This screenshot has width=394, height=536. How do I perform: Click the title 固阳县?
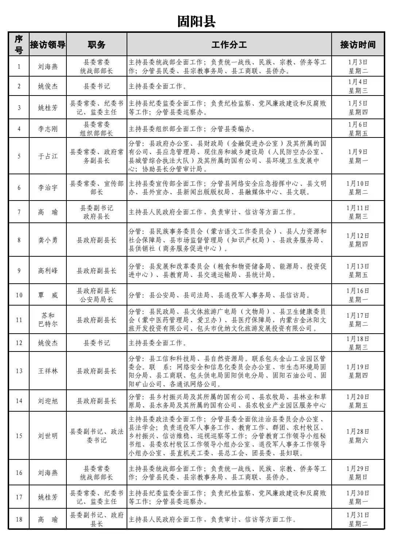pos(196,22)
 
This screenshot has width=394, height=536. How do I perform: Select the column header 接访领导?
pos(48,44)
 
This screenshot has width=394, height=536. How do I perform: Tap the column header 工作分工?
pos(229,44)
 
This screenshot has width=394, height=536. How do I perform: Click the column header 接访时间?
pos(358,44)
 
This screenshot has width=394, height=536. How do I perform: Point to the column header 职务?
pos(97,44)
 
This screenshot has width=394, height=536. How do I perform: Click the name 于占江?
pos(48,156)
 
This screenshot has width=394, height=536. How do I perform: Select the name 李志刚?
pos(48,129)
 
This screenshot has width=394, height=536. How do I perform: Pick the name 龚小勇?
pos(48,240)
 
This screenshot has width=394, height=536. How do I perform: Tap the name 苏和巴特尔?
pos(48,320)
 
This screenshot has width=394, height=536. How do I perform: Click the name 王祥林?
pos(48,371)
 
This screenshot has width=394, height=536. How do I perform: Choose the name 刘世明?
pos(48,436)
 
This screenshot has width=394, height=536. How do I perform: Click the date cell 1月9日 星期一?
pos(358,156)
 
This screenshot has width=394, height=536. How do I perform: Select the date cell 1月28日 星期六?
pos(358,436)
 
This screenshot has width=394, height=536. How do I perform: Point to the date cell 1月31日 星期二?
pos(358,519)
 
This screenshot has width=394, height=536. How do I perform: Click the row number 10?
pos(19,295)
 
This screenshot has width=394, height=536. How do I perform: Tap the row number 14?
pos(19,401)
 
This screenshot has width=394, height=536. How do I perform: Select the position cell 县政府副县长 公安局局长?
pos(97,295)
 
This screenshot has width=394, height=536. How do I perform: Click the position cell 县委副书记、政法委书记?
pos(97,436)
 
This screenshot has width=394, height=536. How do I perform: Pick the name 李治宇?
pos(48,188)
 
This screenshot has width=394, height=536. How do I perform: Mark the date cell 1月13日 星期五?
pos(358,271)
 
